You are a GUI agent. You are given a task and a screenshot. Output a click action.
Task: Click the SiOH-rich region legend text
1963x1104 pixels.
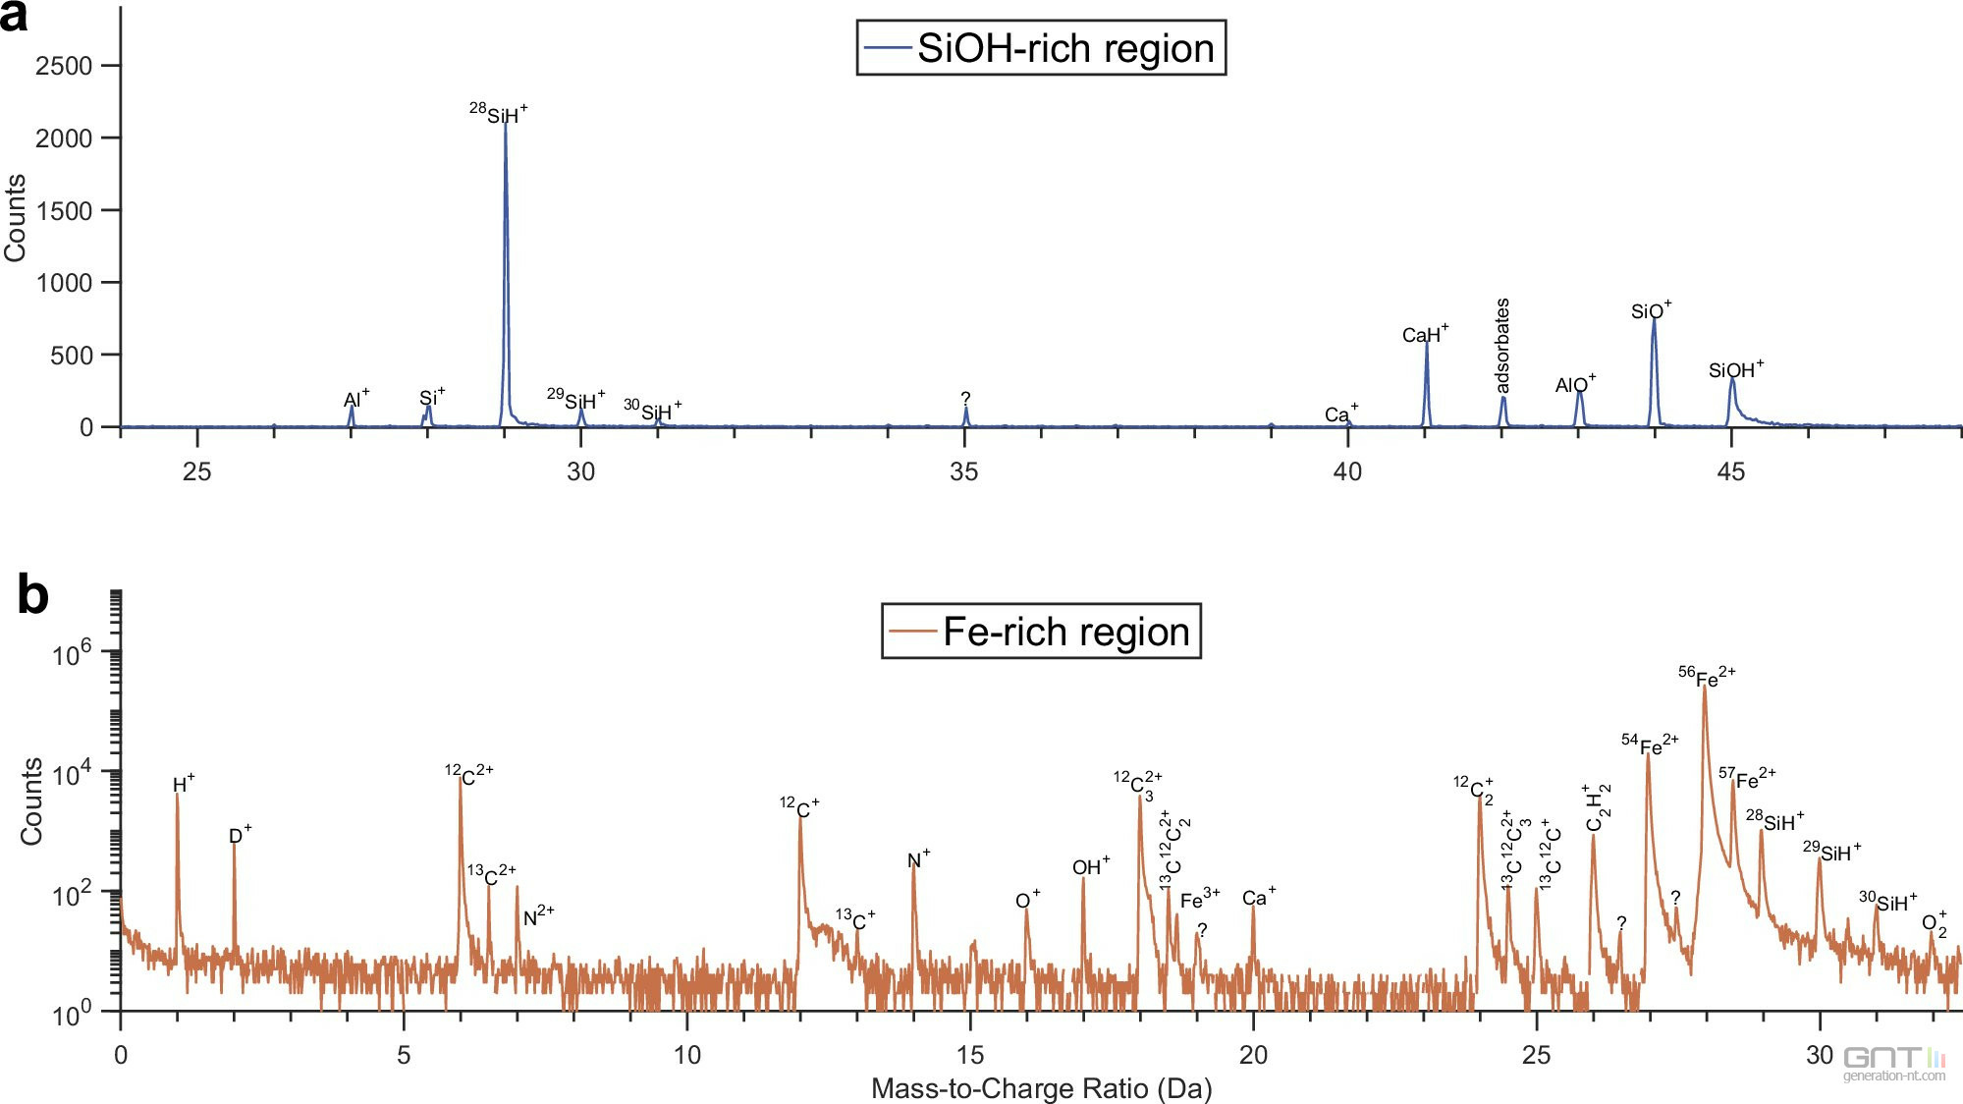1064,48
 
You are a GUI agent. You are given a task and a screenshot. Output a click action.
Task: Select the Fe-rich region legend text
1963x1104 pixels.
1065,632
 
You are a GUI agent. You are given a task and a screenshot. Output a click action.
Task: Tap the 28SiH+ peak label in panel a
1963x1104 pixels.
499,113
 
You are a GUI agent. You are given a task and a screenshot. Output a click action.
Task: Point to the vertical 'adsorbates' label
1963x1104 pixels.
1501,346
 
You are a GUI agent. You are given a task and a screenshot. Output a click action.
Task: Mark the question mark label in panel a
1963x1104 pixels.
965,398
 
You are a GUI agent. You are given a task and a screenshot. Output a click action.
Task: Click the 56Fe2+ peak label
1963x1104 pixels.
1707,677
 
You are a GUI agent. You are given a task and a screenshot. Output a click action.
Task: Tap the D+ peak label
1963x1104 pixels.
240,835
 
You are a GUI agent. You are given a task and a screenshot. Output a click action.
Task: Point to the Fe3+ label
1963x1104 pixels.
1199,899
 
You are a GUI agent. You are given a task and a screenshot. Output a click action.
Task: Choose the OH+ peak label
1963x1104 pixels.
1090,866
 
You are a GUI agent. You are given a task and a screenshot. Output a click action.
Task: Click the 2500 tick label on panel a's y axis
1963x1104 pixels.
64,66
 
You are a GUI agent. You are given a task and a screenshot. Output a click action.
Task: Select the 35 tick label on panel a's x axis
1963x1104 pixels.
963,471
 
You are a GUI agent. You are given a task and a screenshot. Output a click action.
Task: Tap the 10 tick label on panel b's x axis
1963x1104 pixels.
686,1055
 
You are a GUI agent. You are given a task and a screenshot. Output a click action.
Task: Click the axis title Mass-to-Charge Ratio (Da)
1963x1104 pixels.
1041,1088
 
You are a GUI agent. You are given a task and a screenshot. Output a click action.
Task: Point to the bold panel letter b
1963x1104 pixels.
32,595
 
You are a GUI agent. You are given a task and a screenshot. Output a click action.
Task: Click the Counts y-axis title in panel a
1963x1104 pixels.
15,218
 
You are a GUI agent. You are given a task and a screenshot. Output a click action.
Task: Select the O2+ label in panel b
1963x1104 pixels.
1934,923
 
